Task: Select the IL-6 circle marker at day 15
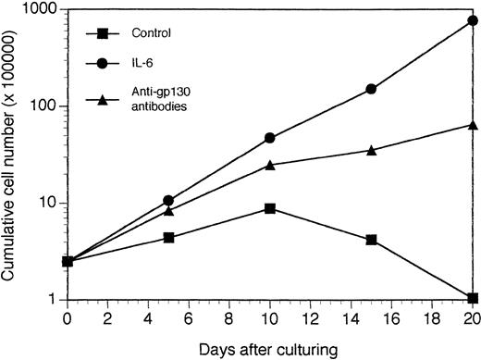(x=371, y=89)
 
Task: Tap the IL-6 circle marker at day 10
(x=269, y=138)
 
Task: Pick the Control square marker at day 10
(x=269, y=208)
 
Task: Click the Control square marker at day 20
(x=473, y=298)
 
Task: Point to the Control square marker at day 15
(x=371, y=240)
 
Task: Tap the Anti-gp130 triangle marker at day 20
(x=473, y=125)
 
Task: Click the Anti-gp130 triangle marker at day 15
(x=371, y=150)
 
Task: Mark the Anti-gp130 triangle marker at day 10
(x=269, y=165)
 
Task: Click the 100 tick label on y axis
(x=44, y=106)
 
